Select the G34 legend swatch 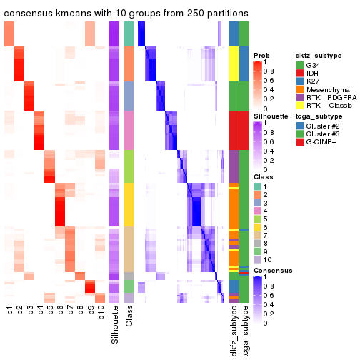(301, 66)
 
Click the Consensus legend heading (272, 271)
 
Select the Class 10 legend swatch (258, 261)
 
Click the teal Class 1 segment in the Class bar (129, 33)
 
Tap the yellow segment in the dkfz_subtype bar (234, 64)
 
